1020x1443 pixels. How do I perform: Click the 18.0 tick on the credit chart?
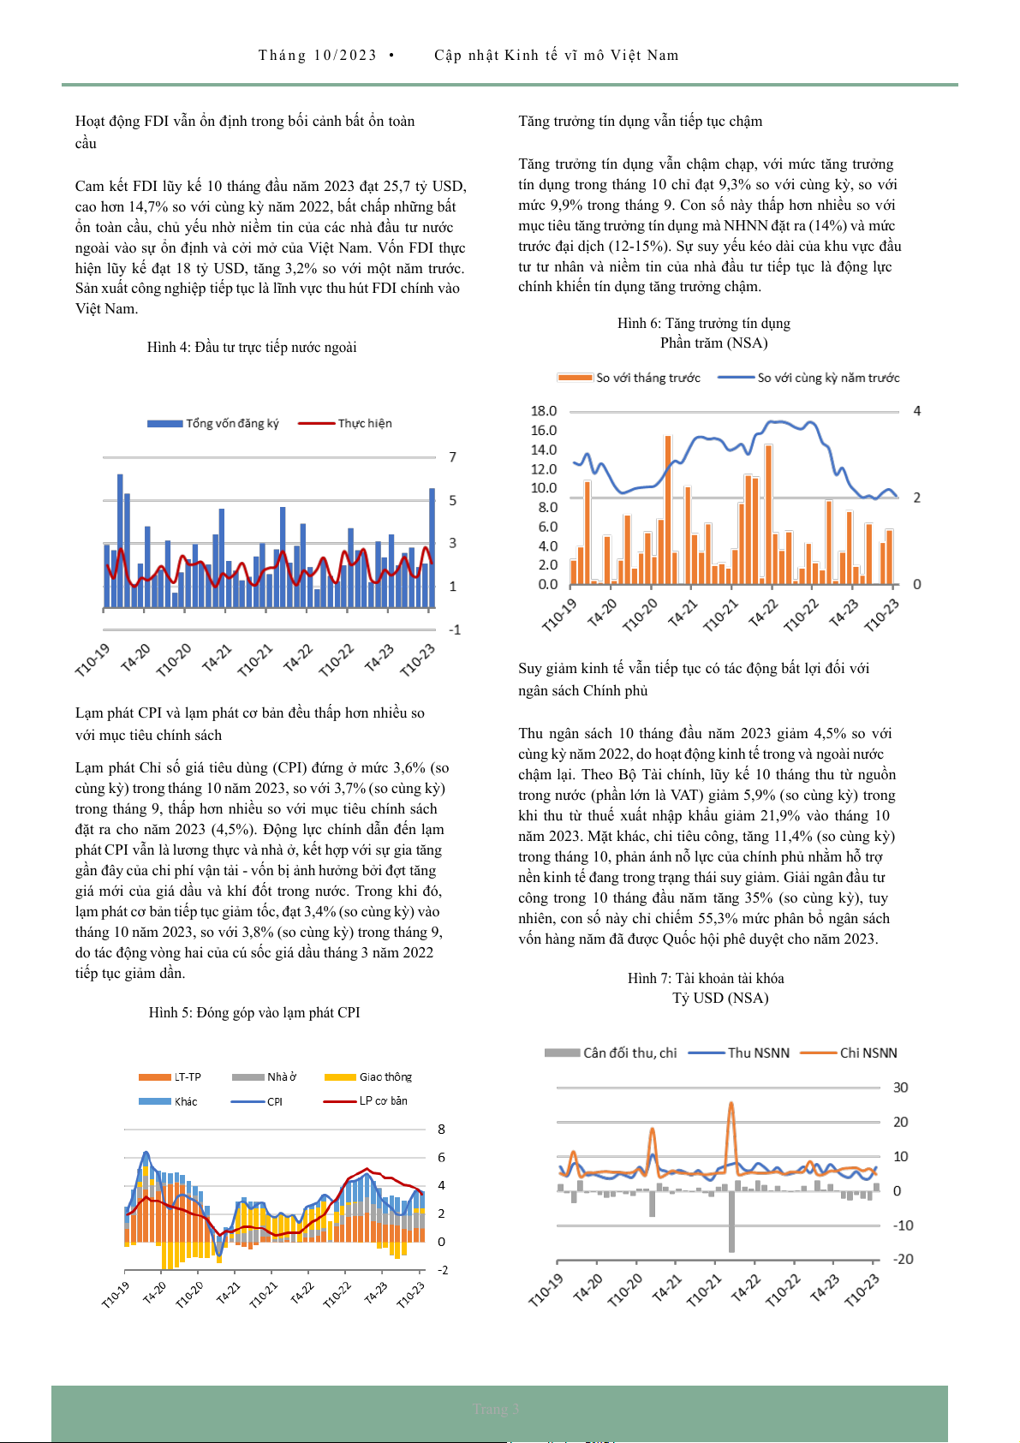click(544, 411)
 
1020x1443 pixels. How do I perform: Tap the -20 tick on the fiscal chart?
click(903, 1259)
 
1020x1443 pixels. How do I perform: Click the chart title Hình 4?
click(252, 347)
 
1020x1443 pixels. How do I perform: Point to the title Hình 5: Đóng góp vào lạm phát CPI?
click(254, 1012)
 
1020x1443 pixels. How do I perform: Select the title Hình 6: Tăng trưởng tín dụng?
click(704, 323)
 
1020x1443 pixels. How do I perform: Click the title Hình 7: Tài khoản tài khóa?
click(706, 978)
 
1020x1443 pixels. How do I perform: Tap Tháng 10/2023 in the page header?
click(318, 55)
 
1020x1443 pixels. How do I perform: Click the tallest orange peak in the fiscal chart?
click(731, 1105)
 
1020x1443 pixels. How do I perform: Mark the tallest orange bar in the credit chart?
click(668, 438)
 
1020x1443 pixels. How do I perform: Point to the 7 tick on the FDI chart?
click(453, 456)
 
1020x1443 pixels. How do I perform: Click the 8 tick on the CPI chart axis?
click(442, 1129)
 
